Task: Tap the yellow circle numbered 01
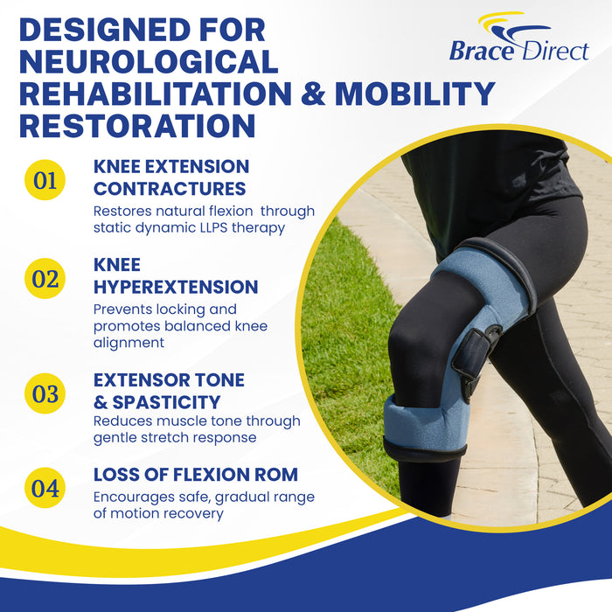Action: point(45,180)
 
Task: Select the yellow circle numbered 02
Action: point(45,279)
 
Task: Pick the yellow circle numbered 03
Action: point(45,393)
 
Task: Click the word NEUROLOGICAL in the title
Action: point(149,61)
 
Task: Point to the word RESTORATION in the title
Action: point(137,124)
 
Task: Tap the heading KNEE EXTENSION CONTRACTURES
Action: point(171,177)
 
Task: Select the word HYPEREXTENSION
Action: point(176,287)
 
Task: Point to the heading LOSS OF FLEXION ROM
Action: point(196,475)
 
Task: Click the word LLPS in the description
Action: point(226,228)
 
